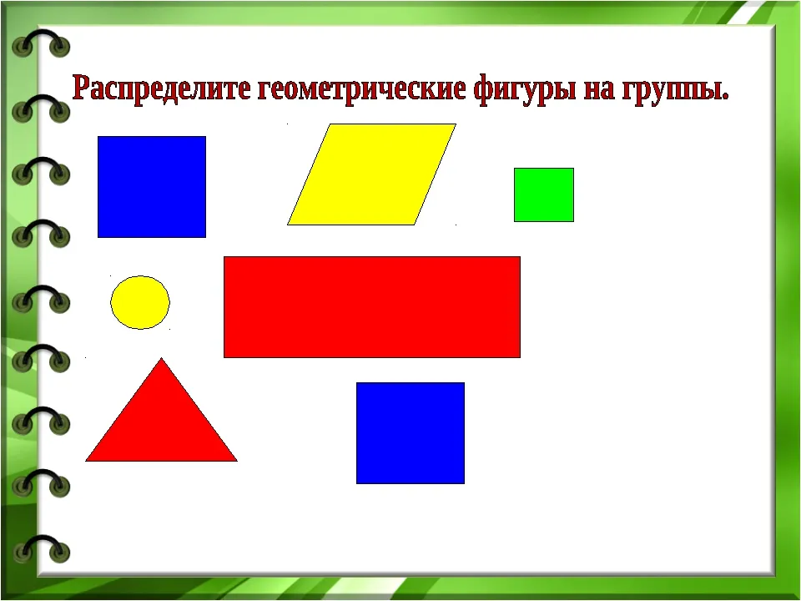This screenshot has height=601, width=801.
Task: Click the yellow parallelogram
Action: click(x=371, y=174)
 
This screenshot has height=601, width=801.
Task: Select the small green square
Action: click(x=544, y=194)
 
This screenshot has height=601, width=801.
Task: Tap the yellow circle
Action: click(x=140, y=302)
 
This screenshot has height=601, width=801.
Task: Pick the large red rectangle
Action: click(x=372, y=307)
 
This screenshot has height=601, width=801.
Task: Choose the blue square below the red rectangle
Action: click(x=411, y=433)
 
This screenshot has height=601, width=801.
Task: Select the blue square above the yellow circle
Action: click(x=152, y=187)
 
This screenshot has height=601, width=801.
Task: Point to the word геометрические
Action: click(x=361, y=89)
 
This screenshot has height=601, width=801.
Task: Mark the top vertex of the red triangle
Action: click(x=161, y=358)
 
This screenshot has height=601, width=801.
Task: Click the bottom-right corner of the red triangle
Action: click(x=237, y=461)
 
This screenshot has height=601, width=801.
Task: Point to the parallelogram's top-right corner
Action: click(x=456, y=124)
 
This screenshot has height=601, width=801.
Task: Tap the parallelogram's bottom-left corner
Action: click(x=288, y=225)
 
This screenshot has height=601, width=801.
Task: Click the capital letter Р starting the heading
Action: click(x=81, y=87)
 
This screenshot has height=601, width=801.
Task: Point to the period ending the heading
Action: click(x=725, y=97)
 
